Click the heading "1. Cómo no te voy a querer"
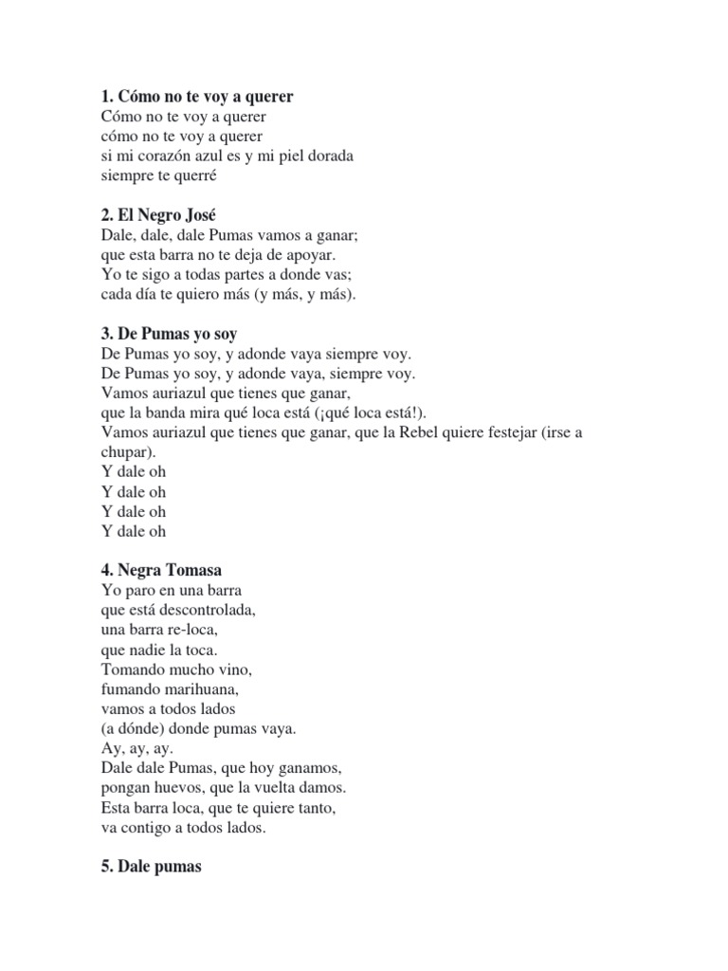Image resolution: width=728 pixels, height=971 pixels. click(196, 97)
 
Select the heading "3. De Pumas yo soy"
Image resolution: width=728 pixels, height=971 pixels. click(169, 334)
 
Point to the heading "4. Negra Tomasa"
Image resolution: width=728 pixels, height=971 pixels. click(163, 570)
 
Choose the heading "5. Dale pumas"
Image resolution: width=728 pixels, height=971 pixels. click(151, 867)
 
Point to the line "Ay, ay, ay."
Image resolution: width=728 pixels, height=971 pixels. click(136, 748)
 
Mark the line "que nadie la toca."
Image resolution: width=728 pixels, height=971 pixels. click(158, 650)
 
